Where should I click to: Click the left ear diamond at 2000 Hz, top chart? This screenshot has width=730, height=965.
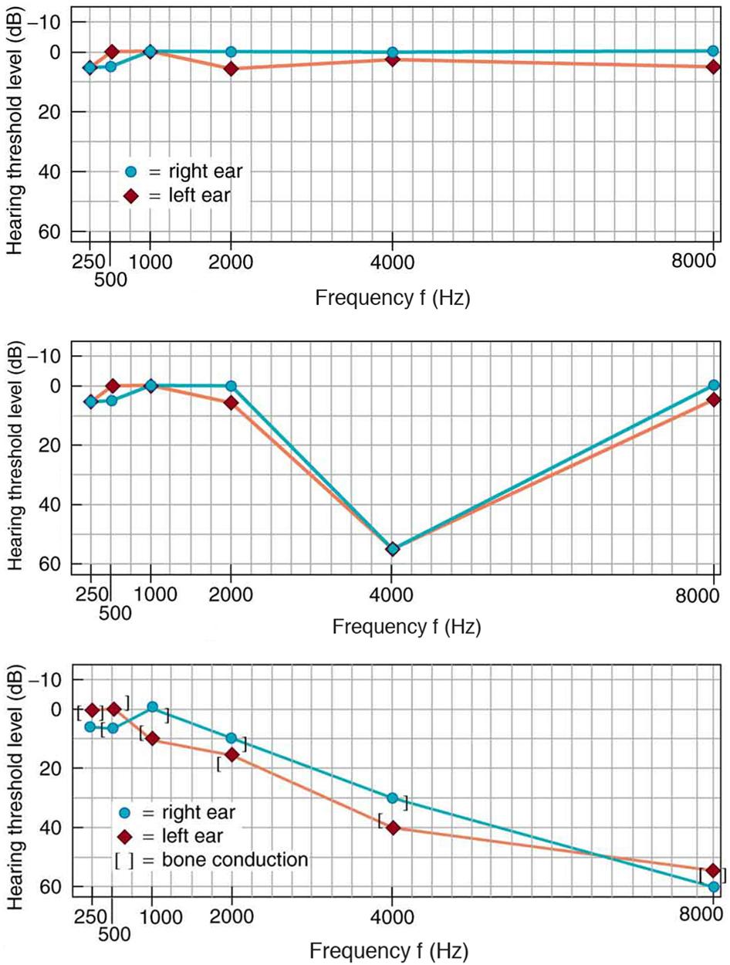(231, 69)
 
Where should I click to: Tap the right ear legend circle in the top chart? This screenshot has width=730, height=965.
(130, 171)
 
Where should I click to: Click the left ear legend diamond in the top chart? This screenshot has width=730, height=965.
(130, 196)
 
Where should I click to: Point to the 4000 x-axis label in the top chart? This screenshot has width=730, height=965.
(393, 264)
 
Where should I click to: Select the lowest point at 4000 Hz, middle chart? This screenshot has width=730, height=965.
(393, 549)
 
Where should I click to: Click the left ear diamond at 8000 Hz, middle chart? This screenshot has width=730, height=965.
(713, 400)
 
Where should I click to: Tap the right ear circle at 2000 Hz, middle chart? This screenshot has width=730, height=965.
(231, 385)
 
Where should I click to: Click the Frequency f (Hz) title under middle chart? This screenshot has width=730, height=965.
(407, 628)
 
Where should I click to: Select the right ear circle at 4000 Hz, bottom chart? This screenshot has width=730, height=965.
(393, 797)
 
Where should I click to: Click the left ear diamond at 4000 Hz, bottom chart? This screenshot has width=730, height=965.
(394, 827)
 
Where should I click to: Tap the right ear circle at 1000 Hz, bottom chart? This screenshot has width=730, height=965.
(152, 706)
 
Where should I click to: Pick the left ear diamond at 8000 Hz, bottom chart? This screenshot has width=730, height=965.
(713, 870)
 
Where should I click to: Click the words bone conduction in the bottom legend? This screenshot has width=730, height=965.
(224, 858)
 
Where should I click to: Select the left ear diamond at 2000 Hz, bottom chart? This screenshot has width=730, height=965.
(232, 754)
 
